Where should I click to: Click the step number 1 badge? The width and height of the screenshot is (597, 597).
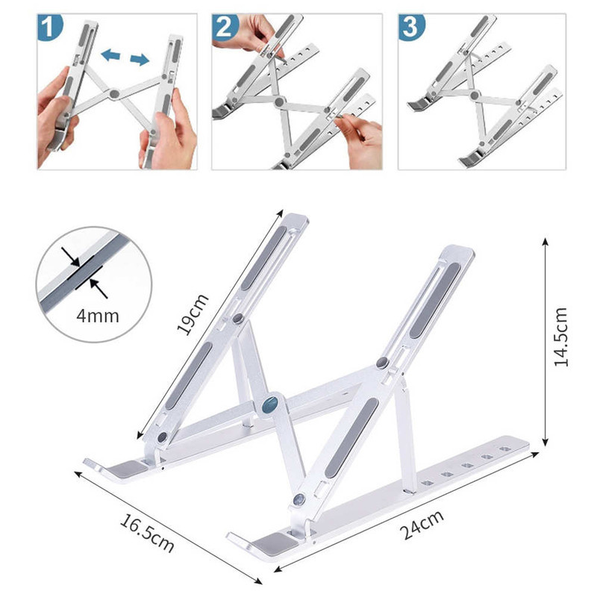pyautogui.click(x=49, y=27)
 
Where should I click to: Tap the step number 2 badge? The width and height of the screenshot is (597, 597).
pyautogui.click(x=225, y=27)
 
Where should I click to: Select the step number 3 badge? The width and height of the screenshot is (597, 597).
pyautogui.click(x=411, y=27)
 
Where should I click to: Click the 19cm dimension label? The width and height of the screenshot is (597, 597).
pyautogui.click(x=193, y=314)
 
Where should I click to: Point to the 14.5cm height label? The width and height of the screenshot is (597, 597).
pyautogui.click(x=561, y=337)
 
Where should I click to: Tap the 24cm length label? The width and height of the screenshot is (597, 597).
pyautogui.click(x=422, y=525)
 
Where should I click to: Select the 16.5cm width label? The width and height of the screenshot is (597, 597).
pyautogui.click(x=147, y=533)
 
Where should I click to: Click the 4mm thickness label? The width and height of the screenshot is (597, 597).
pyautogui.click(x=98, y=316)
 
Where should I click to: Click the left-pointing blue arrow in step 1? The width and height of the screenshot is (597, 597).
pyautogui.click(x=110, y=55)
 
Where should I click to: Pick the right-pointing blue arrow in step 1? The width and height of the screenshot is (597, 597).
pyautogui.click(x=140, y=60)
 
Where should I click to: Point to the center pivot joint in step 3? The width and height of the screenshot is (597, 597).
pyautogui.click(x=475, y=95)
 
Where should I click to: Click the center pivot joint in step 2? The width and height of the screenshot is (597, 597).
pyautogui.click(x=279, y=101)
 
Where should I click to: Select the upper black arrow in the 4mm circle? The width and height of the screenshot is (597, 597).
pyautogui.click(x=70, y=256)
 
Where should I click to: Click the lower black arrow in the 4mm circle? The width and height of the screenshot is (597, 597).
pyautogui.click(x=99, y=288)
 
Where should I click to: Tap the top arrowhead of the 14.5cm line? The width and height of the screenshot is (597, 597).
pyautogui.click(x=546, y=241)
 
